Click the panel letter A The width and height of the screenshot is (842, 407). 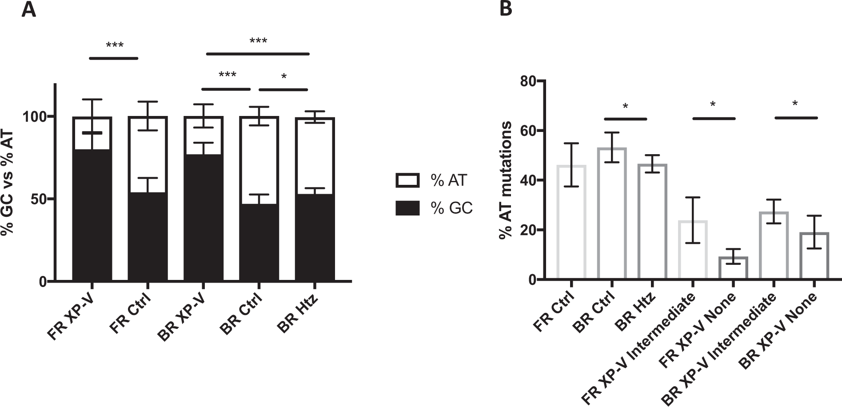[x=29, y=9]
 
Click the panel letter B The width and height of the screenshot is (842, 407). [x=506, y=9]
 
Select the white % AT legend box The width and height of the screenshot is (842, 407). [x=407, y=180]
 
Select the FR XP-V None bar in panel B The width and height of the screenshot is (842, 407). [x=734, y=268]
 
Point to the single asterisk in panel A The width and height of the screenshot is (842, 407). [x=284, y=77]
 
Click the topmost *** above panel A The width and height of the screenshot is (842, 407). [x=258, y=42]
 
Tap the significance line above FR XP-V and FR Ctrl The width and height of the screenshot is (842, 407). [x=114, y=58]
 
